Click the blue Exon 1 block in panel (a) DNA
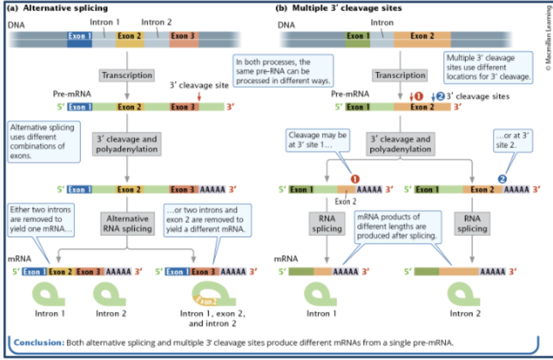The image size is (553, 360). coord(80,39)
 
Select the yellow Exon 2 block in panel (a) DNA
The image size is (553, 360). coord(129,39)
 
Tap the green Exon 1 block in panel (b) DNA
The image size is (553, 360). coord(358,39)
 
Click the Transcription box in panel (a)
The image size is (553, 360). coord(127,75)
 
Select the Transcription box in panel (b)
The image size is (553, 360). coord(400,75)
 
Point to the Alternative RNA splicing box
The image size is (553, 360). coord(127,224)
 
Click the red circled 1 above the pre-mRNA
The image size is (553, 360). coord(419,96)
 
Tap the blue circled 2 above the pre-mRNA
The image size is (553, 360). coord(440,96)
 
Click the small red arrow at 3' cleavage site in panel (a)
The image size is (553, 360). coord(199,96)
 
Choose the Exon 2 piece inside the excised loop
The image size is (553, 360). coord(206,301)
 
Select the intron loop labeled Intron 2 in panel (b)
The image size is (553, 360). coord(463,294)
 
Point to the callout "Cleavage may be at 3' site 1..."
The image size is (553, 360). coord(317,140)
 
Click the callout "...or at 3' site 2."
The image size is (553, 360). coord(512,140)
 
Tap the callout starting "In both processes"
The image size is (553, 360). coord(283,71)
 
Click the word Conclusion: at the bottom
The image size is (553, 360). coord(39,342)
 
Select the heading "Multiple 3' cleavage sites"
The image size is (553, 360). coord(347,8)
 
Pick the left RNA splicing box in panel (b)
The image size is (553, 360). coord(327,224)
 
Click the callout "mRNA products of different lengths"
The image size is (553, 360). coord(397,226)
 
